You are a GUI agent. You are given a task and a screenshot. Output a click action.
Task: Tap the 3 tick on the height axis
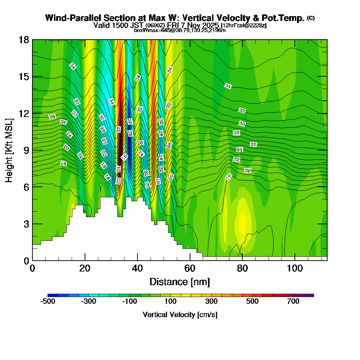point(26,224)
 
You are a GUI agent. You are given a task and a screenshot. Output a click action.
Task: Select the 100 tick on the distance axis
point(295,269)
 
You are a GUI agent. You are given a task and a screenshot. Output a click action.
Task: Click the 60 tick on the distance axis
point(190,269)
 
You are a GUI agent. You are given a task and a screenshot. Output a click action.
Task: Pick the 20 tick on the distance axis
point(85,269)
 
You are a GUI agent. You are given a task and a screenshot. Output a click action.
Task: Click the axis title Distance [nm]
point(180,282)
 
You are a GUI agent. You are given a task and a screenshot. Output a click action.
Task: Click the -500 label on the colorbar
point(48,301)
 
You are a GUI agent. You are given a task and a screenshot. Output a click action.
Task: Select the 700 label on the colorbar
point(293,301)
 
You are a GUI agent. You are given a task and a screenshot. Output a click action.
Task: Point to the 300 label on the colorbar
point(211,301)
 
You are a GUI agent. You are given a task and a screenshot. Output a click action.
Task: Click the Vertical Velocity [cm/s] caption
point(180,315)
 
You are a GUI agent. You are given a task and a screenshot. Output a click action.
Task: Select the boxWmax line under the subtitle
point(180,30)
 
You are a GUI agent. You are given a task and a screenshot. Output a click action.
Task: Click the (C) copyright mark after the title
point(311,18)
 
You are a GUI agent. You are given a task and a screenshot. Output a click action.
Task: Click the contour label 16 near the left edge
point(64,163)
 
